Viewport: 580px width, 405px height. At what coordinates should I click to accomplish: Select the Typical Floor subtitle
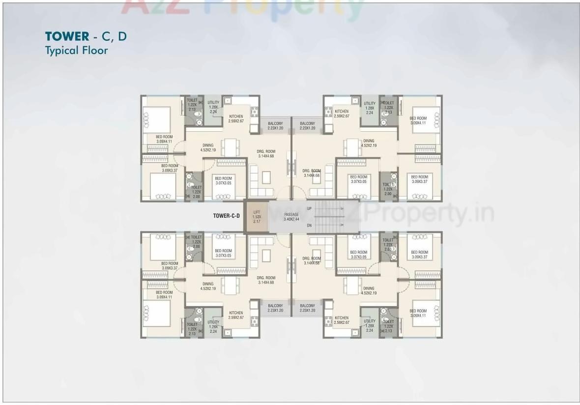pos(76,50)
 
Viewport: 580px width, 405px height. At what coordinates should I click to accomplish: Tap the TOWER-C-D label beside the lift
pos(226,215)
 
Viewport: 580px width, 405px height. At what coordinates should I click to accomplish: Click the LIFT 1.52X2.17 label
pos(256,216)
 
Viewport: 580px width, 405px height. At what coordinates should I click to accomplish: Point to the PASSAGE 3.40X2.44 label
pos(291,217)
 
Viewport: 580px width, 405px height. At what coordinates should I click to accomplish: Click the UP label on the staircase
pos(309,208)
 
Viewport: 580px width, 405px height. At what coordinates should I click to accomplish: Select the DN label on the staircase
pos(309,226)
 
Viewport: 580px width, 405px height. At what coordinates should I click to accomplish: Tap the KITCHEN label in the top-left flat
pos(236,118)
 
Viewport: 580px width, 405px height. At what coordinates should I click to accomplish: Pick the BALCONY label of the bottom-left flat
pos(275,308)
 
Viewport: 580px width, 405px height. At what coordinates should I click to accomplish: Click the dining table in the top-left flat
pos(230,147)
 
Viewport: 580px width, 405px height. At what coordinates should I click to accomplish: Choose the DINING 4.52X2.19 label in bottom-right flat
pos(369,290)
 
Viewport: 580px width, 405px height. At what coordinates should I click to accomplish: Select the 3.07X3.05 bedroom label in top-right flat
pos(358,179)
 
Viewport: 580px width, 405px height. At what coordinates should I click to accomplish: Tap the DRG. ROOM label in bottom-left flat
pos(266,280)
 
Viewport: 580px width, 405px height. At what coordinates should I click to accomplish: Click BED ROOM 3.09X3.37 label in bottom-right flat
pos(419,254)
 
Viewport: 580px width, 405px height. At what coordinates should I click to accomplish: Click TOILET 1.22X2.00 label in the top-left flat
pos(196,192)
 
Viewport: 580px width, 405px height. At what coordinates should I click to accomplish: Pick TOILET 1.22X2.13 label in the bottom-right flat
pos(388,326)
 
